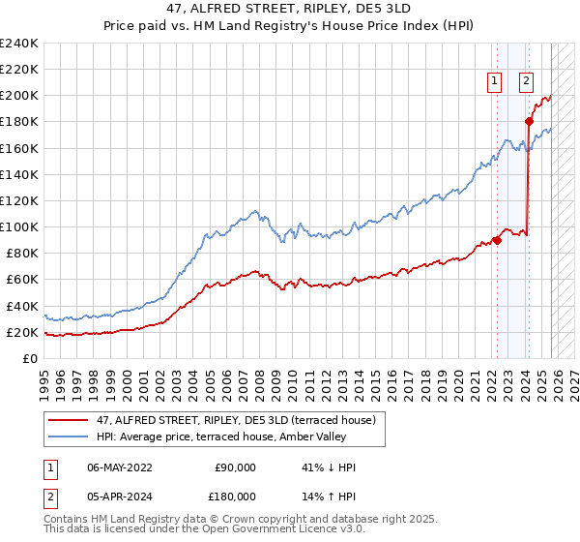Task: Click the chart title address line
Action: click(x=290, y=8)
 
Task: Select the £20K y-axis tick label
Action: click(x=22, y=332)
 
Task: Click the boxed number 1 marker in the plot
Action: click(x=495, y=82)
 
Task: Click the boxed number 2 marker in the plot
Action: click(x=527, y=82)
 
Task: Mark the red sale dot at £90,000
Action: click(x=497, y=240)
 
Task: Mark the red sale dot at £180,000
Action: click(x=529, y=122)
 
